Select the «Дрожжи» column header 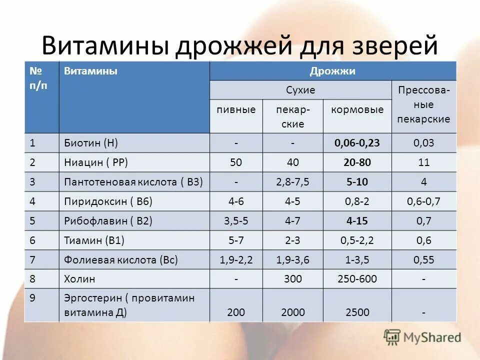click(332, 71)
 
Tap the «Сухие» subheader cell click(300, 90)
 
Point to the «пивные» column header click(236, 109)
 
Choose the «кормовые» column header click(357, 109)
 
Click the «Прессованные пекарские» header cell click(424, 105)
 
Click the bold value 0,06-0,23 click(357, 143)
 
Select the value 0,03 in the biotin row click(424, 143)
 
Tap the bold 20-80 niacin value click(357, 162)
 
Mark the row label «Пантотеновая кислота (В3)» click(133, 182)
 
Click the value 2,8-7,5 click(293, 182)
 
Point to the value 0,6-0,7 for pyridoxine click(424, 201)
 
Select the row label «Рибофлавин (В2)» click(108, 221)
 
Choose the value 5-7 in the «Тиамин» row click(236, 240)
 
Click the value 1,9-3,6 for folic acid click(293, 260)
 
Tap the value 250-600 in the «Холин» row click(357, 279)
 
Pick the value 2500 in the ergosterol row click(357, 313)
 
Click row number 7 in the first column click(32, 260)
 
